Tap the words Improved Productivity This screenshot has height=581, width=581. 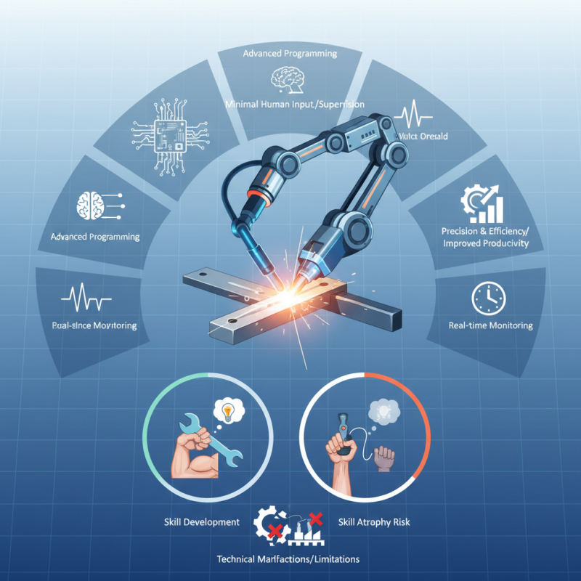click(485, 243)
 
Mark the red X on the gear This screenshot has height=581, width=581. click(275, 533)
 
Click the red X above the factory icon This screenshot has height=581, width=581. click(315, 519)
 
